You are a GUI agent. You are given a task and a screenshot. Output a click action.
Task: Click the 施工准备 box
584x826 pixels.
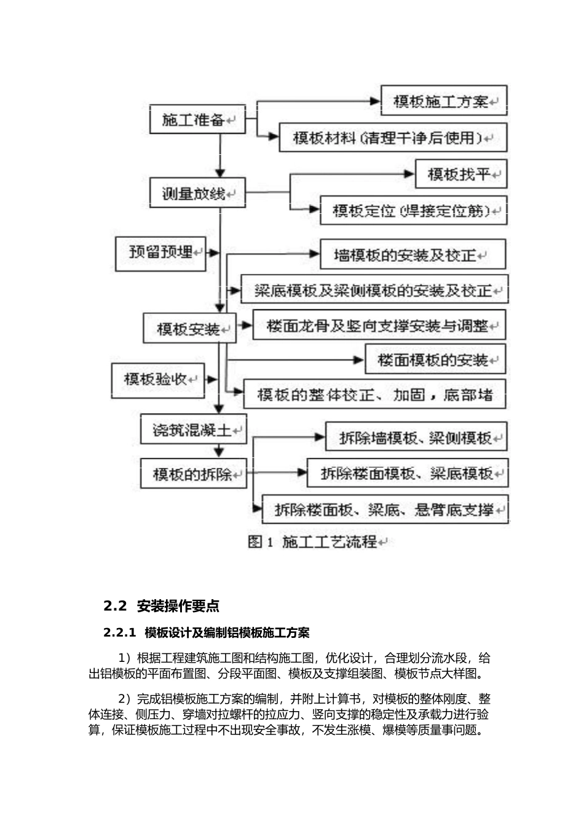tap(197, 120)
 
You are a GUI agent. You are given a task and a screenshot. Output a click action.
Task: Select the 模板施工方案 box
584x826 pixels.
tap(444, 101)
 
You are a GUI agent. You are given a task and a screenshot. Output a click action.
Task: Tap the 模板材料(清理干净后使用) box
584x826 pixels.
tap(393, 138)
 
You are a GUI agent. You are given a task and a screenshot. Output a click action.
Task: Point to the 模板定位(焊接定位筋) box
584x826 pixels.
tap(413, 211)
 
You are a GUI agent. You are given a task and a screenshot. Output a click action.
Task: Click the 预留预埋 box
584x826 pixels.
tap(161, 252)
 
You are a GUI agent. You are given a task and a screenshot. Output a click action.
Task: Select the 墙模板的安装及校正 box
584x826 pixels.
tap(412, 254)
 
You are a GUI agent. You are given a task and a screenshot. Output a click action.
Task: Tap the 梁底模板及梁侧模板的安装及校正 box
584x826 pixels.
tap(374, 290)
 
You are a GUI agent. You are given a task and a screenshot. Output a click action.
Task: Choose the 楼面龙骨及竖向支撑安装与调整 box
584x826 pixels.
tap(379, 325)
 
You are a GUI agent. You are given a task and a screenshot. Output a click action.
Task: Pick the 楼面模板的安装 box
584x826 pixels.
tap(435, 360)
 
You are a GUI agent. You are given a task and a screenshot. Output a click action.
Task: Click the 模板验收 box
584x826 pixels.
tap(157, 379)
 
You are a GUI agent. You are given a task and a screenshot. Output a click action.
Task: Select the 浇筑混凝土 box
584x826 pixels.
tap(193, 430)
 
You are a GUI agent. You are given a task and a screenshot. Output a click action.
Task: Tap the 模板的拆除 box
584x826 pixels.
tap(193, 474)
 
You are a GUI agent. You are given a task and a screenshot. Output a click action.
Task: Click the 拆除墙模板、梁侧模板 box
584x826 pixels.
tap(416, 438)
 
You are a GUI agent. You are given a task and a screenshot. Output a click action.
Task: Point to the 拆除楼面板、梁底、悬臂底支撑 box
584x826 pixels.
tap(385, 509)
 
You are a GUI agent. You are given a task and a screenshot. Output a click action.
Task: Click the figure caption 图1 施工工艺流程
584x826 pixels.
tap(314, 541)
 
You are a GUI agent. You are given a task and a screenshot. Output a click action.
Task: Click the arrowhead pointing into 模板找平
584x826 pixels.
tap(409, 175)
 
